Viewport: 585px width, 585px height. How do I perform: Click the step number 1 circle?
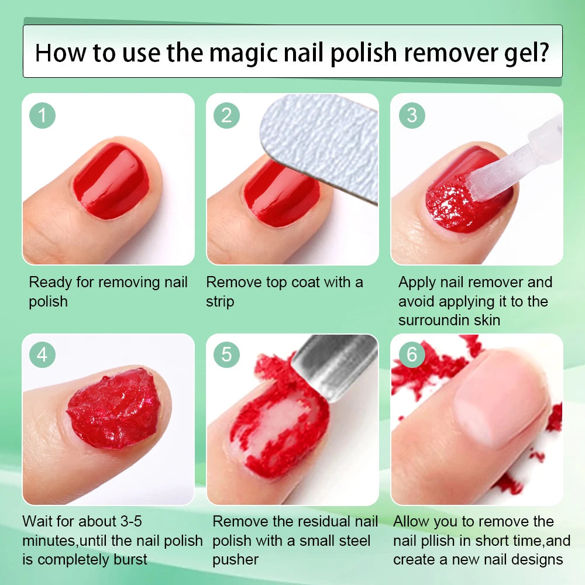pyautogui.click(x=42, y=115)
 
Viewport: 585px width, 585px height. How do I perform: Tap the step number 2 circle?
pyautogui.click(x=226, y=115)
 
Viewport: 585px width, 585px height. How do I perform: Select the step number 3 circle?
pyautogui.click(x=412, y=115)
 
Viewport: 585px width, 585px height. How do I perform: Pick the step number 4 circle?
pyautogui.click(x=42, y=355)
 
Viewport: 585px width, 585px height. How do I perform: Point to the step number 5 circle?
pyautogui.click(x=226, y=355)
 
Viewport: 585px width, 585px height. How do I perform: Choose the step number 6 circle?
pyautogui.click(x=412, y=355)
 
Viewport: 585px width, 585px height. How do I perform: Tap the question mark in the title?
pyautogui.click(x=541, y=52)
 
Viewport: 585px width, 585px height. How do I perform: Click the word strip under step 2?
pyautogui.click(x=219, y=302)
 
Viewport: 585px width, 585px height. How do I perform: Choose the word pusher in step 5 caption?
pyautogui.click(x=235, y=560)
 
